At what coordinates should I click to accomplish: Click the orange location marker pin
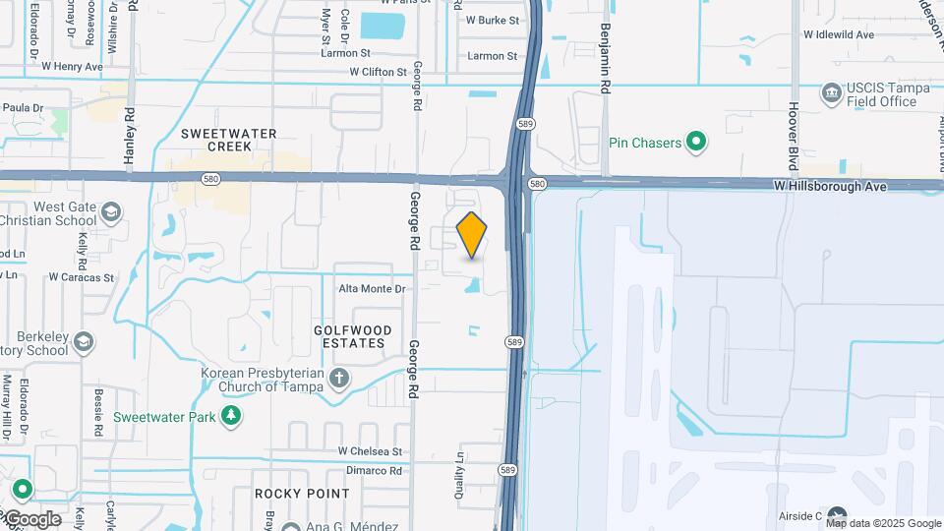[472, 234]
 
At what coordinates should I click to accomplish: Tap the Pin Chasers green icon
[696, 144]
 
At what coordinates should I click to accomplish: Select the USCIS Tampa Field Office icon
[831, 93]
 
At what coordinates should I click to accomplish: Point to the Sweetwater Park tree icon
[231, 416]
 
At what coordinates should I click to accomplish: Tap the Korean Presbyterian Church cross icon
[338, 379]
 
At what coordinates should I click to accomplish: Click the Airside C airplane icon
[837, 515]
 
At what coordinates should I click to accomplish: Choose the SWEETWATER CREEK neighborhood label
[229, 140]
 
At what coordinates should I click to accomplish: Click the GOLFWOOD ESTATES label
[353, 337]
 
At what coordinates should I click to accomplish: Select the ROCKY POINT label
[302, 494]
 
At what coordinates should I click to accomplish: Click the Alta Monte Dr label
[372, 289]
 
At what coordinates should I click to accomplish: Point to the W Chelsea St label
[371, 451]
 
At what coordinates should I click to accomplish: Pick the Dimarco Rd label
[369, 471]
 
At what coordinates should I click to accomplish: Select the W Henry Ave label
[72, 67]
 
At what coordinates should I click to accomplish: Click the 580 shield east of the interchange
[537, 184]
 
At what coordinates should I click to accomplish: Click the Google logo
[31, 519]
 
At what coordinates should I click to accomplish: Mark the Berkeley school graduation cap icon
[85, 342]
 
